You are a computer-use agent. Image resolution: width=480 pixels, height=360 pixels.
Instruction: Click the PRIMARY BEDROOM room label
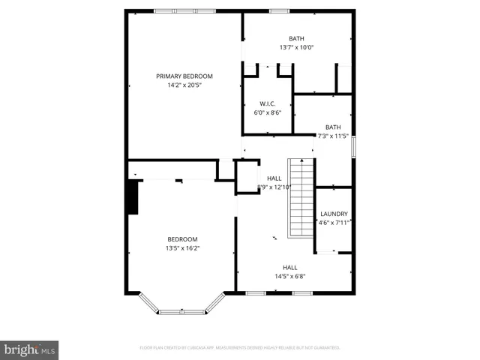(x=184, y=76)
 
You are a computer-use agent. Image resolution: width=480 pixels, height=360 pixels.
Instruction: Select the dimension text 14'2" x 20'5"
(x=184, y=85)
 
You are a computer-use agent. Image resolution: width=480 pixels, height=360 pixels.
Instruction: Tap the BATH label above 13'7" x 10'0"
(x=297, y=38)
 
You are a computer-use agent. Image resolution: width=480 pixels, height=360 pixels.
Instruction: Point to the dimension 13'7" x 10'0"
(x=297, y=47)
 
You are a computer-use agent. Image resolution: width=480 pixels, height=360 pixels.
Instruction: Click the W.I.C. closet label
(x=268, y=103)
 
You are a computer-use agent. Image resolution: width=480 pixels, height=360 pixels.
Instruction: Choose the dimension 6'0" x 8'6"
(x=268, y=112)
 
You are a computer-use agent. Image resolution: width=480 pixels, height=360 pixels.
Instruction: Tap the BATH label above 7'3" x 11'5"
(x=333, y=127)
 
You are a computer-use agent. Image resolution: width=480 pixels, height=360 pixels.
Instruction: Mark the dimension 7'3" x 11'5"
(x=333, y=136)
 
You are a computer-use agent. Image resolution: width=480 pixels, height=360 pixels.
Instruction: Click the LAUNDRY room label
(x=333, y=213)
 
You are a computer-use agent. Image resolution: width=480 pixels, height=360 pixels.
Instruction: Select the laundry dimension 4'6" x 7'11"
(x=333, y=222)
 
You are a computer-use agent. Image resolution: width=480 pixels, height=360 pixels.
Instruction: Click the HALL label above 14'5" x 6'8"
(x=289, y=267)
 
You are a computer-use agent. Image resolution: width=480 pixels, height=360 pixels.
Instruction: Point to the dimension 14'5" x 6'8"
(x=289, y=276)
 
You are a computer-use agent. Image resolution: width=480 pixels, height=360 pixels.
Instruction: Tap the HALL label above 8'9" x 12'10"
(x=274, y=178)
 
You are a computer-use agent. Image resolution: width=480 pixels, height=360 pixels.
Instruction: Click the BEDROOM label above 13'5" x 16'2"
(x=182, y=239)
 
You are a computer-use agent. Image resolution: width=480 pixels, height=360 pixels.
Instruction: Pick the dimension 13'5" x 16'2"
(x=182, y=248)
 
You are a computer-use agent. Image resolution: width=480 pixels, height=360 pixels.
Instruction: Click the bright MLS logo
(x=30, y=349)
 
